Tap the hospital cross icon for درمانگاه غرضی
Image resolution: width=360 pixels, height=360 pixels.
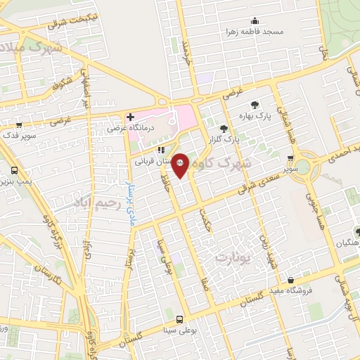coord(129,117)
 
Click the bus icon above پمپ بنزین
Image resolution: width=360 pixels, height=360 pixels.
coord(15,170)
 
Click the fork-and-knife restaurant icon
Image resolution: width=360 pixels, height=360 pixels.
coord(161,149)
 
